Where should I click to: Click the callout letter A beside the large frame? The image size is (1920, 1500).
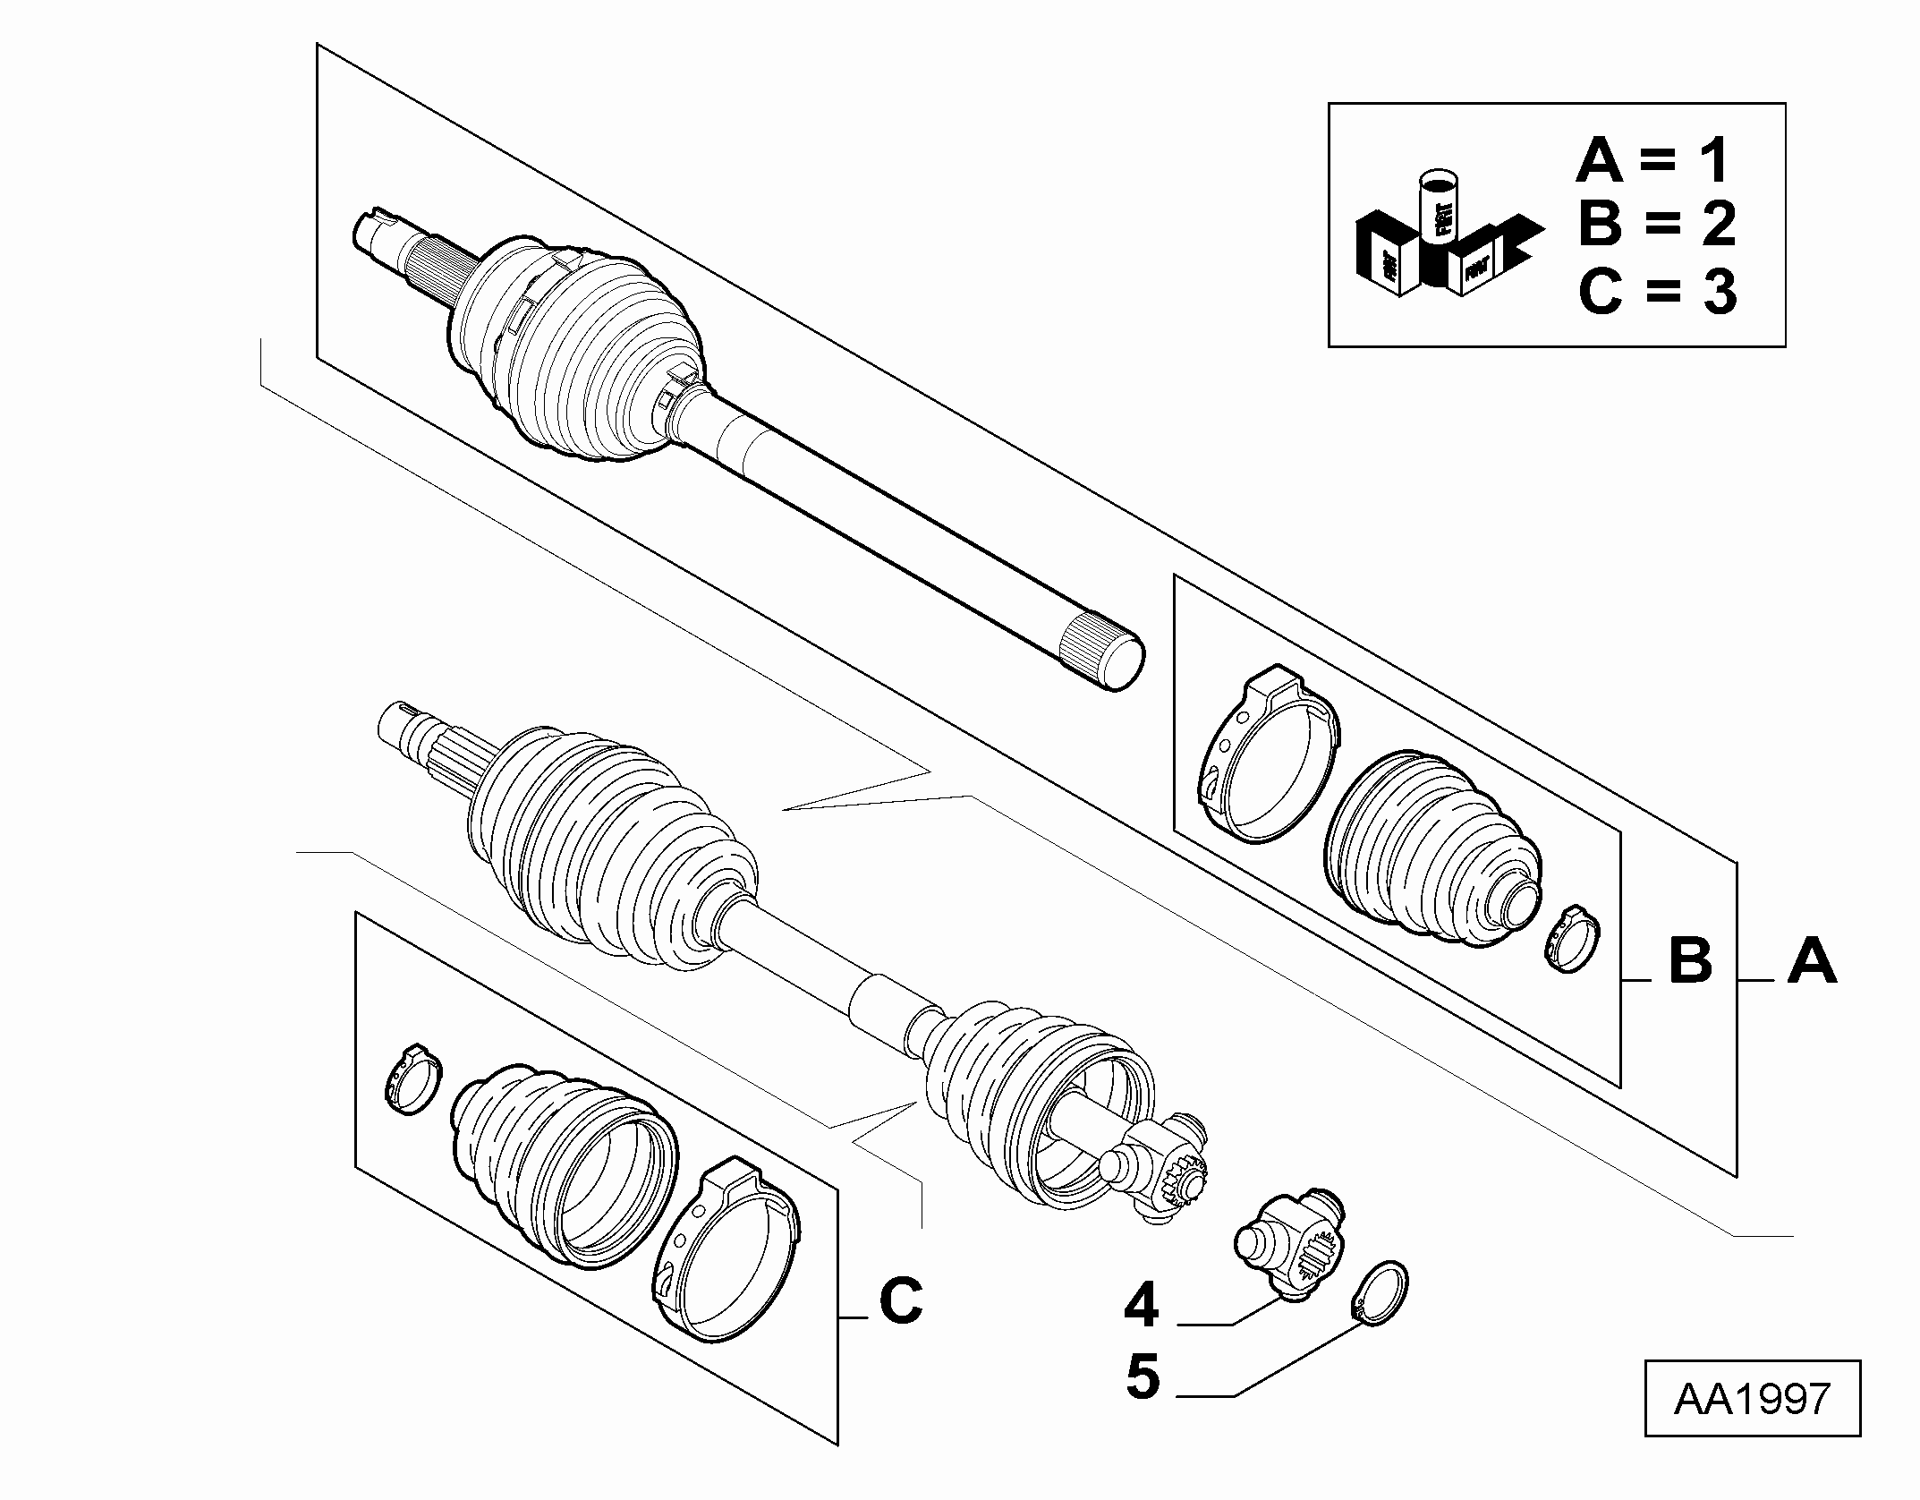pos(1812,961)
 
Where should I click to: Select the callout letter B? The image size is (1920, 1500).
pos(1690,961)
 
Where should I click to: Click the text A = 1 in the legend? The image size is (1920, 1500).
pos(1654,161)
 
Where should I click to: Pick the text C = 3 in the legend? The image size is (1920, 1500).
pos(1656,291)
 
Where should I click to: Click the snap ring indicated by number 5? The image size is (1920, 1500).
pos(1380,1289)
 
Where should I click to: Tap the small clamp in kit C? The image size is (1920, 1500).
pos(413,1078)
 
